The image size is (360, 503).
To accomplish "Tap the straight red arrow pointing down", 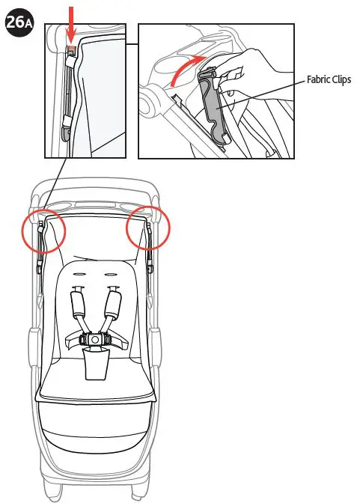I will click(72, 22).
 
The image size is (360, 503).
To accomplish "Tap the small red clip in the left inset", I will click(72, 51).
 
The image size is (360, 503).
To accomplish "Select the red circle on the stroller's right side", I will click(147, 228).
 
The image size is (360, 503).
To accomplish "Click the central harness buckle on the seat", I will click(96, 339).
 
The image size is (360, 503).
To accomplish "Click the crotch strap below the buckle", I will click(96, 365).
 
